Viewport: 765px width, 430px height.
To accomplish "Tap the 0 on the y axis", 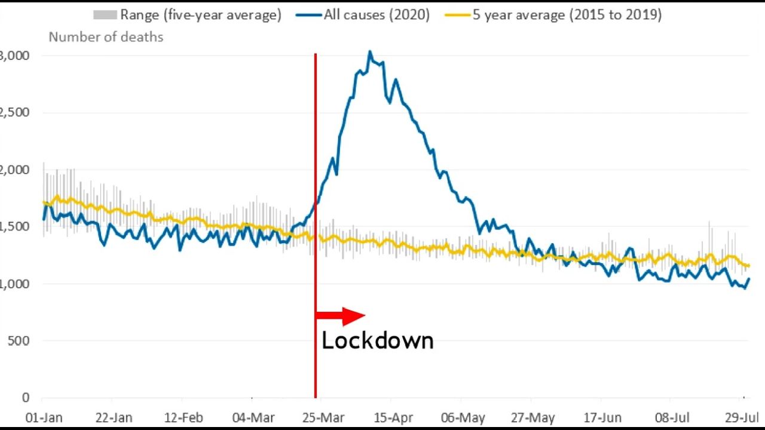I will point(25,397).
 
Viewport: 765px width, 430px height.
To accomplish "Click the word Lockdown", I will point(377,341).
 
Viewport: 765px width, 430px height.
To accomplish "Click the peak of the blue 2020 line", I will point(370,52).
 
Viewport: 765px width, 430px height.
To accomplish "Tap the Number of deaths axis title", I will point(106,37).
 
